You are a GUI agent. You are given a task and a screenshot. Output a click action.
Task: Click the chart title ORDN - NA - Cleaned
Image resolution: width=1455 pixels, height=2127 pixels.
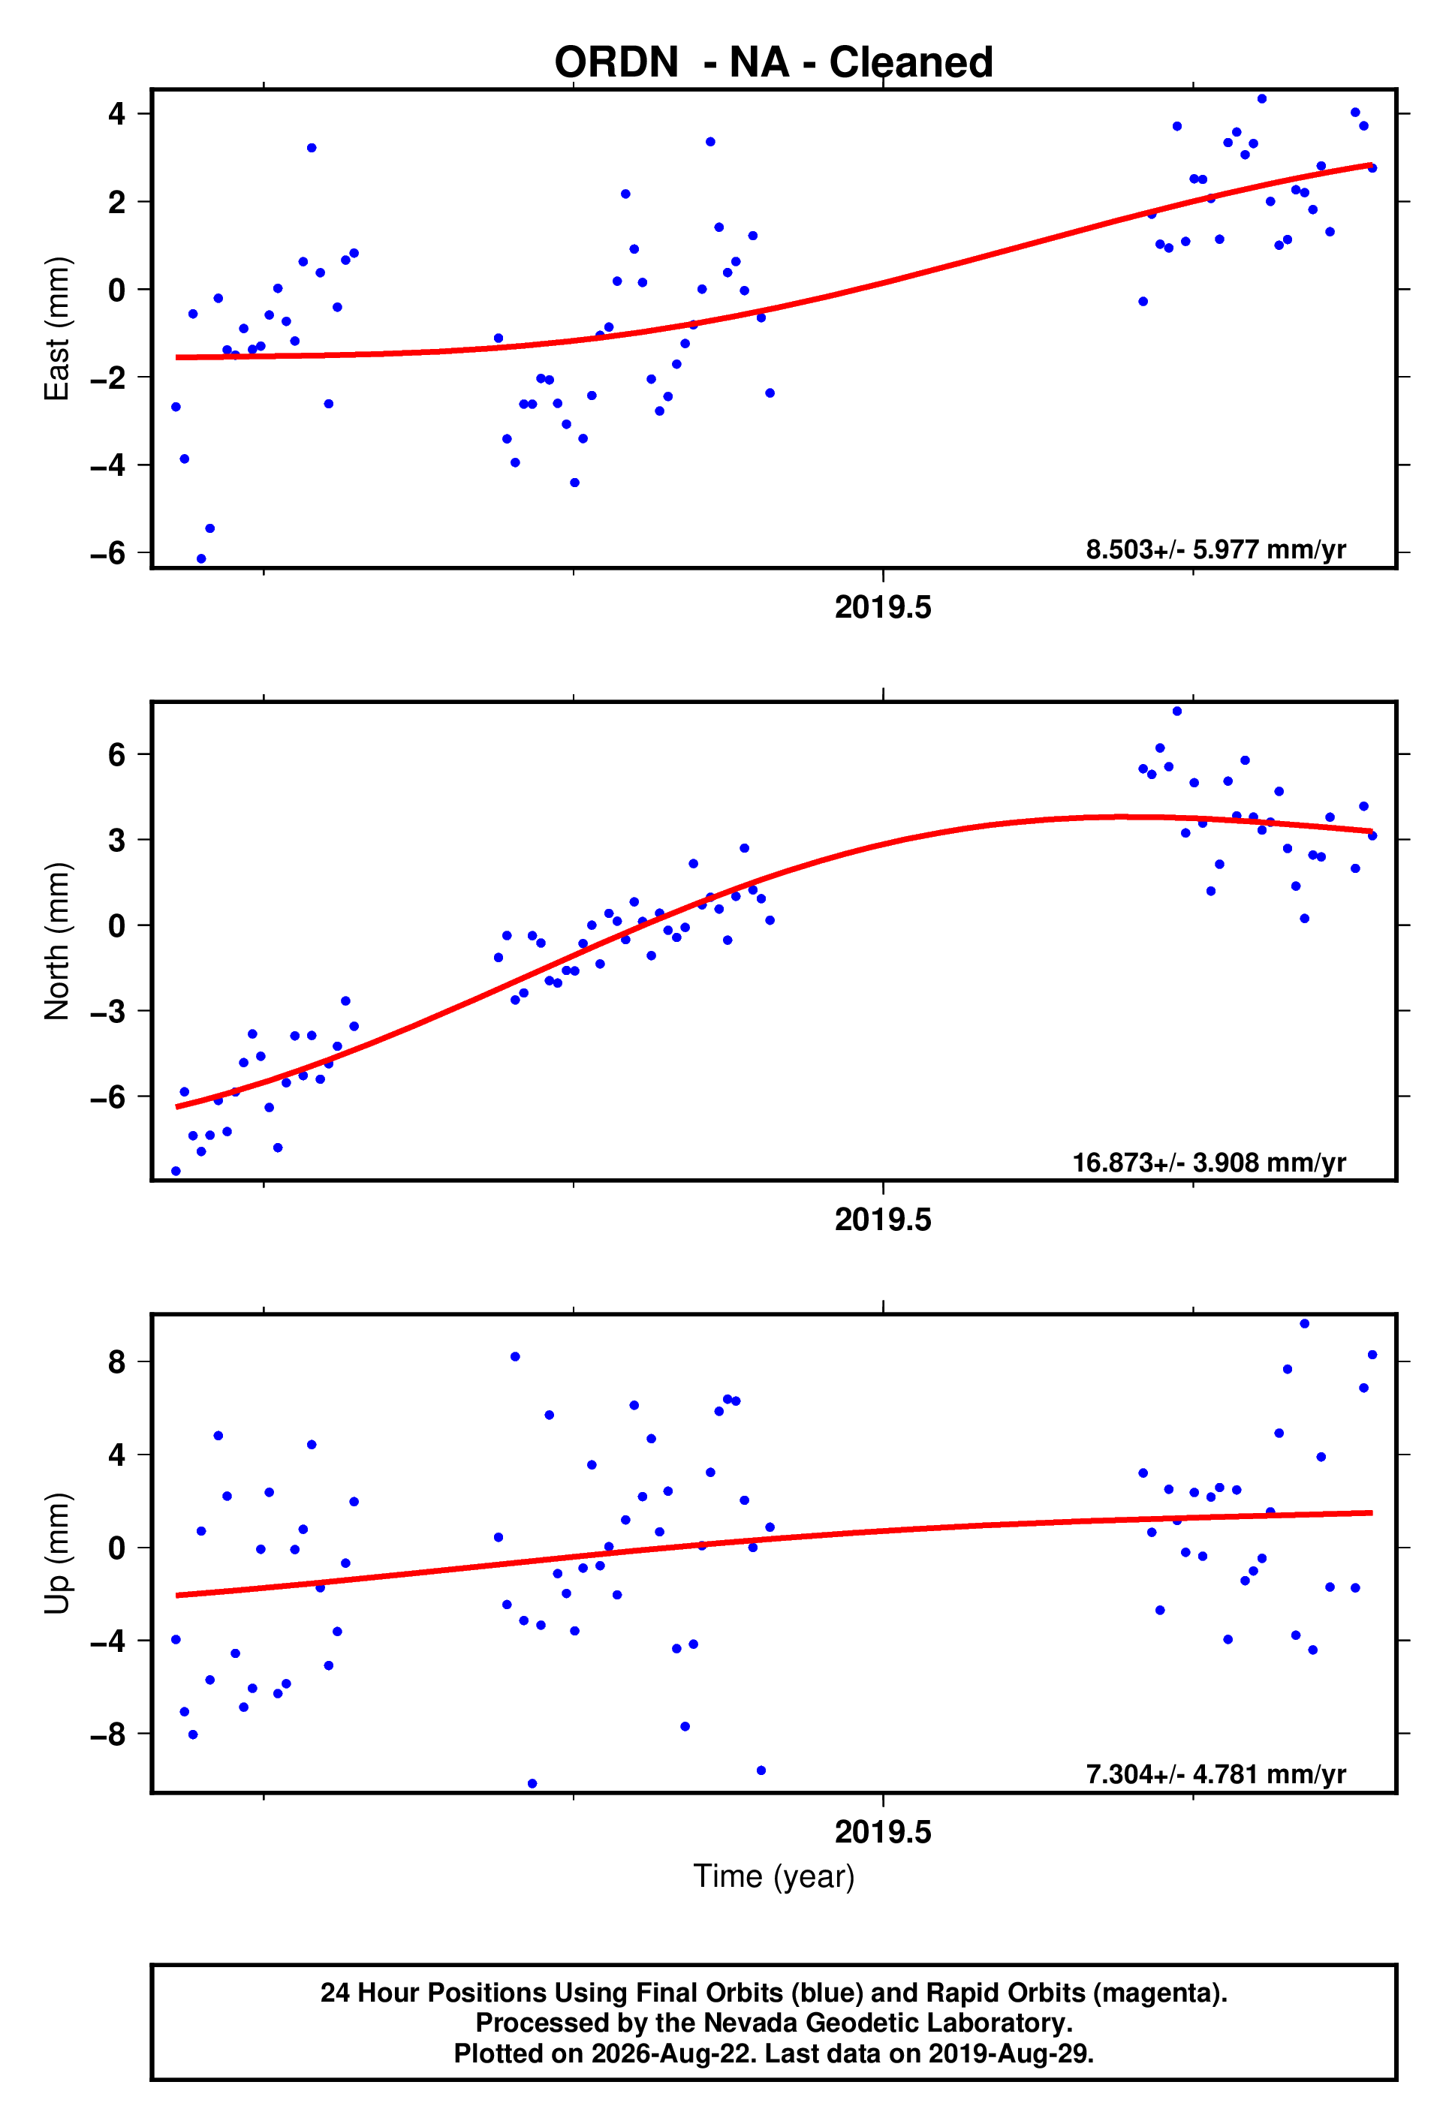[x=774, y=62]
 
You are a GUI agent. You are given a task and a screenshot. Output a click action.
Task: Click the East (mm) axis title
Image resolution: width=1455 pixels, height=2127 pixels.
[x=57, y=329]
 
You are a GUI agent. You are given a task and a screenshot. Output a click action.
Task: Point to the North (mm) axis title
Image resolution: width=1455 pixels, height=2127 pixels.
[x=57, y=941]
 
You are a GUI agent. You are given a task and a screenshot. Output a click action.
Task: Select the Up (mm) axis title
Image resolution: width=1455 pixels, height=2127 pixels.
[x=57, y=1553]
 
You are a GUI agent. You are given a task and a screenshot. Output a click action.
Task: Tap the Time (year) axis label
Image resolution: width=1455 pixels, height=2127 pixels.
[x=774, y=1876]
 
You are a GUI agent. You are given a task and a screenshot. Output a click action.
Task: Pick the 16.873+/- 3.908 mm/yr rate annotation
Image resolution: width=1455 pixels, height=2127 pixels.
[x=1209, y=1163]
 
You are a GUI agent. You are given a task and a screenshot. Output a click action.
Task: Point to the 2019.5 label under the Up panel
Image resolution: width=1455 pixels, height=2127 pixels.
[x=883, y=1831]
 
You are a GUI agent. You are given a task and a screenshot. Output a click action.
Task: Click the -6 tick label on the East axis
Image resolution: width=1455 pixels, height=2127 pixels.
[x=108, y=553]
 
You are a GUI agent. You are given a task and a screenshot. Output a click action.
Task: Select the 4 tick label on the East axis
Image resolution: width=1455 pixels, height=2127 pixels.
[x=117, y=113]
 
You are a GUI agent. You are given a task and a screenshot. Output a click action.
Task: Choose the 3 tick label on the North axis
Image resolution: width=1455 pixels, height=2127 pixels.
[x=117, y=839]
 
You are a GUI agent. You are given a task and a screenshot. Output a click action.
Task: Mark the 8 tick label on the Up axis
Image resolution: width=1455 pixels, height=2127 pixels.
[x=117, y=1362]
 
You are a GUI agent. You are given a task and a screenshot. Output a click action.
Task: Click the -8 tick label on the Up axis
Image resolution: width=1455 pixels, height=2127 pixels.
[x=108, y=1734]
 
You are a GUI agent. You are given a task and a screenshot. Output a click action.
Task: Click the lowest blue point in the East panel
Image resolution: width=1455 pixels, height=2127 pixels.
[x=201, y=558]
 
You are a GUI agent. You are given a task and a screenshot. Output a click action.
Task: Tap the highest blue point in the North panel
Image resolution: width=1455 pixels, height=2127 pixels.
[x=1176, y=712]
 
